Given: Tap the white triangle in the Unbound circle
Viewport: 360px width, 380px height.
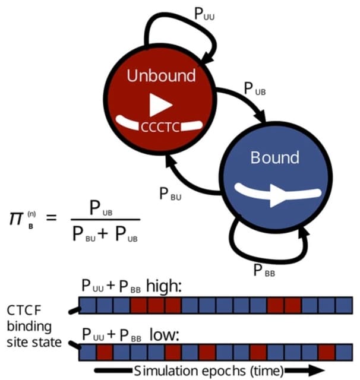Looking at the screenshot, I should [x=160, y=104].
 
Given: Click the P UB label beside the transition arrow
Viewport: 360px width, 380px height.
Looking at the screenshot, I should [x=257, y=88].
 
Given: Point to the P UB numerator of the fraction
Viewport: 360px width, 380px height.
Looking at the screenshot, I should [x=101, y=210].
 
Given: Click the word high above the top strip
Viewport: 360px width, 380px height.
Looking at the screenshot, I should [x=163, y=287].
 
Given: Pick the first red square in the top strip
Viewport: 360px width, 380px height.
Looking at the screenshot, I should [x=139, y=305].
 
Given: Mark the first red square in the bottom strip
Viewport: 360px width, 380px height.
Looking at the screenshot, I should [x=105, y=351].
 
